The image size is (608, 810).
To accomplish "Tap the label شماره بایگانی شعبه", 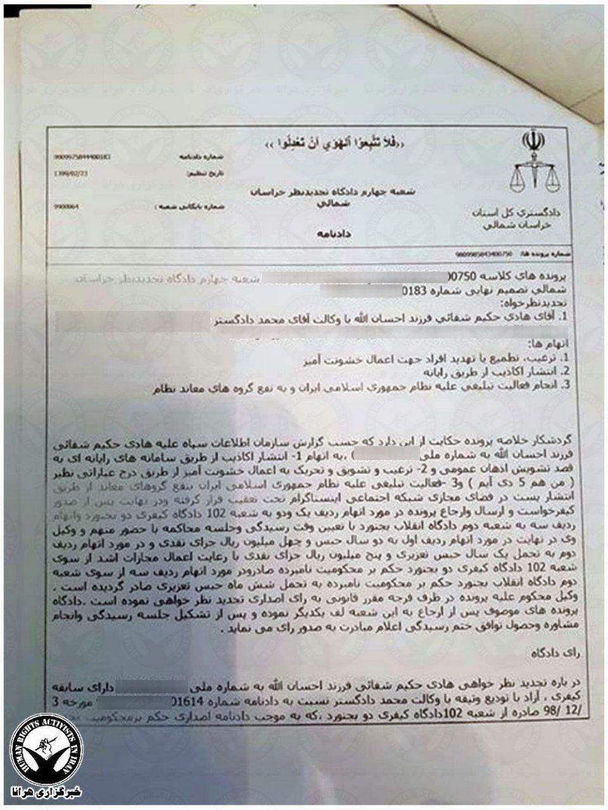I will (x=184, y=206).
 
